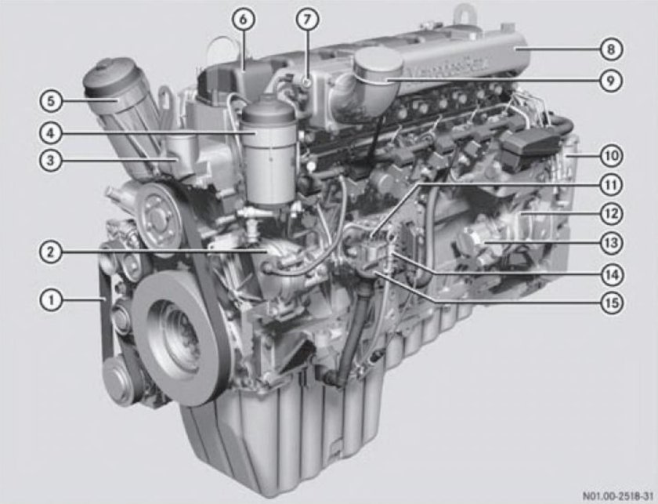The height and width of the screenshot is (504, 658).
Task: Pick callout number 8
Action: [610, 49]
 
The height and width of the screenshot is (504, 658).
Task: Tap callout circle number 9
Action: [610, 80]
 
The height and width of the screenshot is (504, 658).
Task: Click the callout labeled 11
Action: [610, 185]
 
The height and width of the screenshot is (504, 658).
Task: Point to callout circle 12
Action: [610, 213]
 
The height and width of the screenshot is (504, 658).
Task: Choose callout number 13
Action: [610, 243]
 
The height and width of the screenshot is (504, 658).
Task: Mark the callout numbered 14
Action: [610, 274]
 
